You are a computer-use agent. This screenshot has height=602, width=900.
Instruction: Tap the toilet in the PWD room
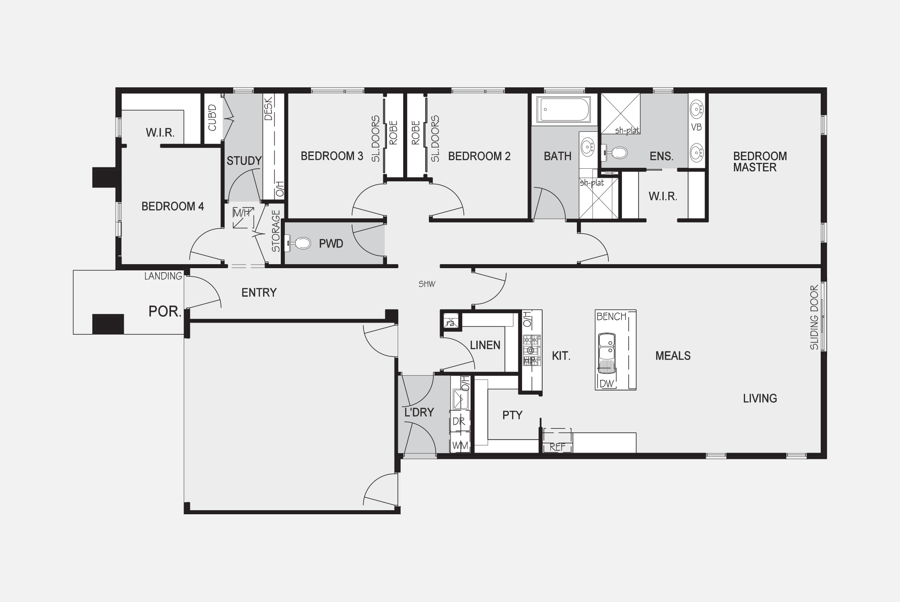point(298,243)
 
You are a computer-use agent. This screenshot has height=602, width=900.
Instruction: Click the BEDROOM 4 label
point(172,207)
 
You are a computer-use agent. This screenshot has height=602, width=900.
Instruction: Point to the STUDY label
point(244,161)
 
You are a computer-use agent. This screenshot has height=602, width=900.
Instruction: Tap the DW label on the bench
point(606,384)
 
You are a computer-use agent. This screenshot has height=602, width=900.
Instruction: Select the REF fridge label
point(557,448)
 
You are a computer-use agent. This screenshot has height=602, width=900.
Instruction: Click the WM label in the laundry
point(460,446)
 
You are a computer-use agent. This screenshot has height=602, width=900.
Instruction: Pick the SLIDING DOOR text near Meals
point(814,317)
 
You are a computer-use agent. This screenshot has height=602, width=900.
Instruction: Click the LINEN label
point(485,345)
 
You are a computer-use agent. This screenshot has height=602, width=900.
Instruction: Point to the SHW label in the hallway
point(427,284)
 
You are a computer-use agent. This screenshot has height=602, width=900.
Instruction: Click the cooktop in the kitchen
point(531,350)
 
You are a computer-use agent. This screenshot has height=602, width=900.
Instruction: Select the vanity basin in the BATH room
point(587,146)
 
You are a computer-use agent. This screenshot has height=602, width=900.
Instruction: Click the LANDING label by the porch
point(163,276)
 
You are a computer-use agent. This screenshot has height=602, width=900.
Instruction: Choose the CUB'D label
point(212,117)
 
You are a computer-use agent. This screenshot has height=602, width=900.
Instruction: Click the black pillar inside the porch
point(108,324)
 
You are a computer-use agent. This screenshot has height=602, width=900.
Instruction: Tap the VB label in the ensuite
point(696,127)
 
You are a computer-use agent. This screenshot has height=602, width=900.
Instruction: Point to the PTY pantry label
point(512,415)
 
